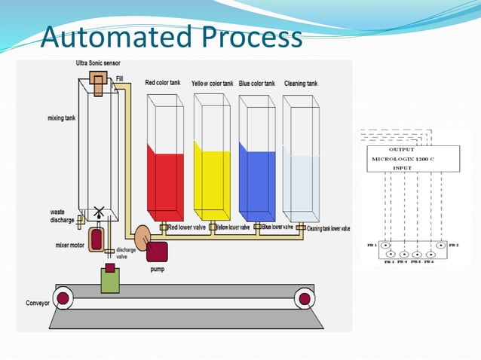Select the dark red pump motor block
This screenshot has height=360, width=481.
click(x=158, y=250)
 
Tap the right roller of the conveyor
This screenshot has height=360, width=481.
click(x=305, y=299)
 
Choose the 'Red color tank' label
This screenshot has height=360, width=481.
click(x=163, y=83)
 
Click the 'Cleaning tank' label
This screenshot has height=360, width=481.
click(x=301, y=83)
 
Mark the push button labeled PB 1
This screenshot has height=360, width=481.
click(x=385, y=246)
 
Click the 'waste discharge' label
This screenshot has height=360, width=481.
click(x=62, y=216)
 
